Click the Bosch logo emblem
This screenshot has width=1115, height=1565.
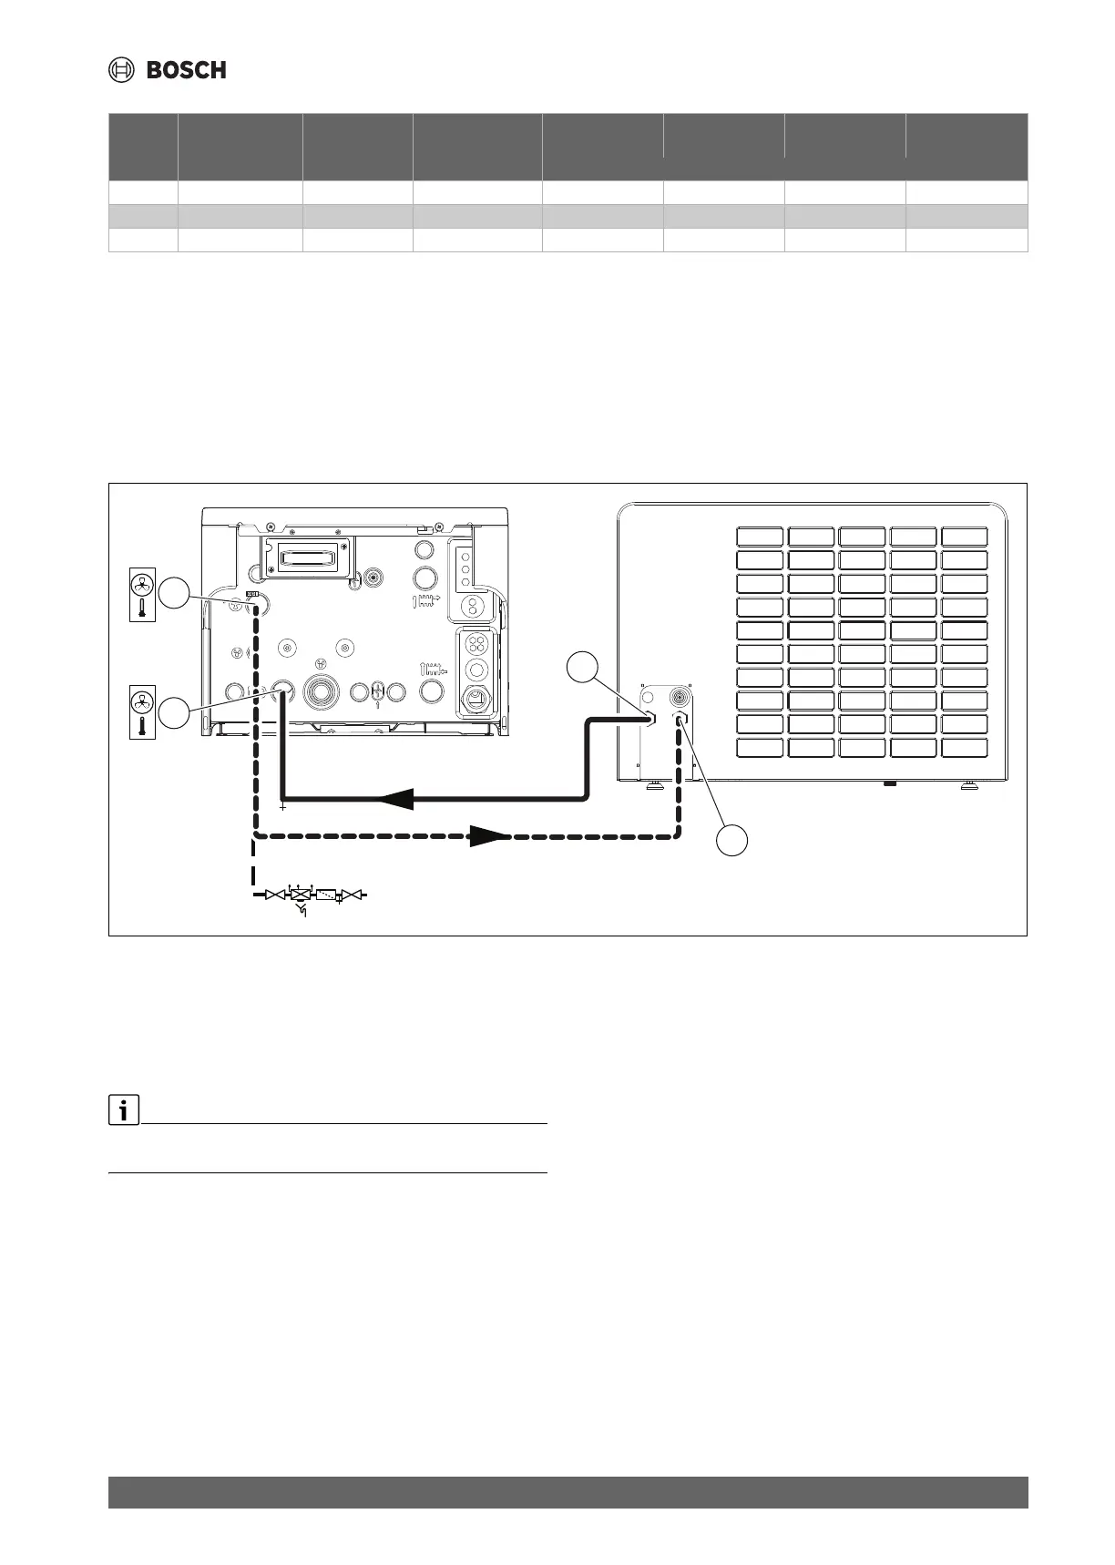click(122, 70)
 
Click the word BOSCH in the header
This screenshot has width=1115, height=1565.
click(186, 70)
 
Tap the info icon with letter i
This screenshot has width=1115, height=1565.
click(122, 1111)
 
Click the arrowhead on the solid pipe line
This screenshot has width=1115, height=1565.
click(394, 800)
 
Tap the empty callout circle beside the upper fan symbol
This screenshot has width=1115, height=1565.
click(176, 594)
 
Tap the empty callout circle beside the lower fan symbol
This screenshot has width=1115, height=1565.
click(176, 711)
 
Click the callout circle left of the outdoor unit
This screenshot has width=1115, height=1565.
click(582, 667)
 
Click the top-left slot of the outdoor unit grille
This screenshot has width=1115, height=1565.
click(760, 536)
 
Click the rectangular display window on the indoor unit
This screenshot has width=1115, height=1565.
click(305, 557)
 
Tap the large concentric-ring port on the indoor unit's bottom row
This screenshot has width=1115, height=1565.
click(321, 690)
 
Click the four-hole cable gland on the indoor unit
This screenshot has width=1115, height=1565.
click(475, 645)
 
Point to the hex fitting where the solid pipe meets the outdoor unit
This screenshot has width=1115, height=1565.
click(649, 719)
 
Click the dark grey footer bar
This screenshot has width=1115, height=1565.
click(568, 1492)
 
